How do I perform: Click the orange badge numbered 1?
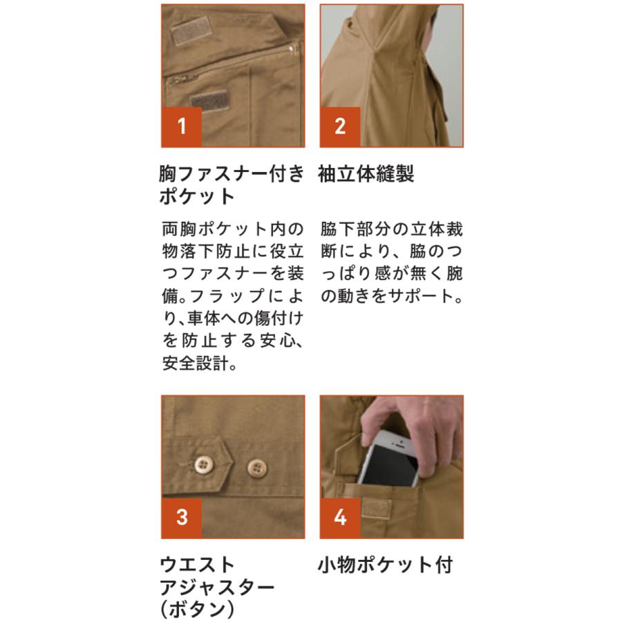click(x=182, y=126)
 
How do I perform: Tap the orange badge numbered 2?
click(x=340, y=126)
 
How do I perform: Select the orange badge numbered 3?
click(x=182, y=517)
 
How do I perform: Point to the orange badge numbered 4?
click(x=340, y=517)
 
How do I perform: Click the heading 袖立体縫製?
click(x=366, y=174)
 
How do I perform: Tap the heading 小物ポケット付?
click(x=385, y=565)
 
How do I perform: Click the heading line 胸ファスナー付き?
click(x=232, y=174)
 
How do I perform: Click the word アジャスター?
click(x=217, y=587)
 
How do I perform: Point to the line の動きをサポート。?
click(x=390, y=296)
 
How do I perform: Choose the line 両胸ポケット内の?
click(x=232, y=228)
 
